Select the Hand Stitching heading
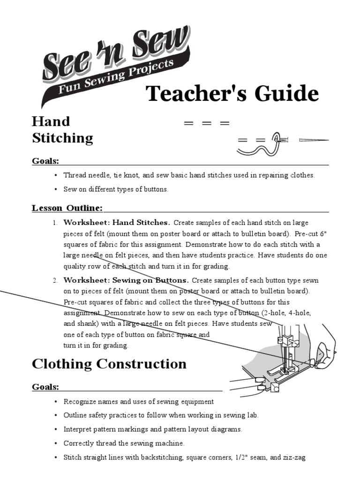click(x=62, y=130)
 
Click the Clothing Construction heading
click(x=109, y=364)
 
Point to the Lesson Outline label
click(x=67, y=208)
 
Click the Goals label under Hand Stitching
click(x=45, y=161)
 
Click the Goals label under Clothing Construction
click(x=45, y=387)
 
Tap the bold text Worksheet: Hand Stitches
click(x=117, y=223)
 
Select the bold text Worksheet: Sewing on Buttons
click(x=126, y=280)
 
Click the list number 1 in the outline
click(x=54, y=223)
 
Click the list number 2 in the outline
click(x=54, y=280)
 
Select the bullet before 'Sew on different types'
click(x=55, y=190)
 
